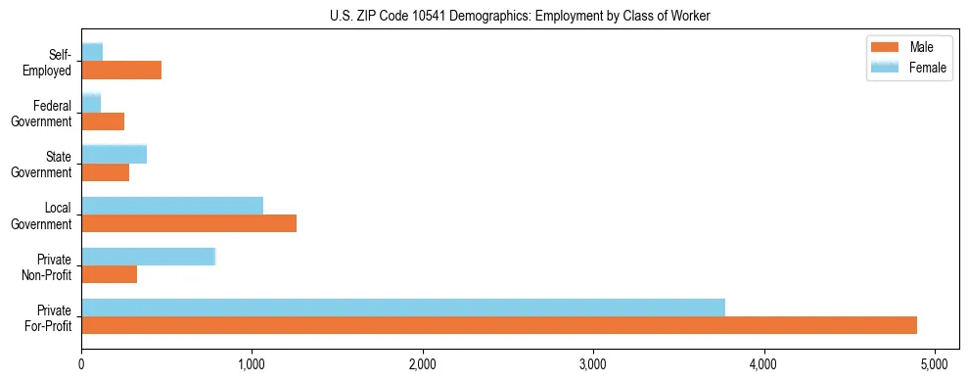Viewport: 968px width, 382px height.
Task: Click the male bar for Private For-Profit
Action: [499, 325]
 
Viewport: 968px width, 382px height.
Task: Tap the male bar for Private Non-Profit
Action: [109, 274]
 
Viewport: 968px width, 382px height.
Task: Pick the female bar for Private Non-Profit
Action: [148, 257]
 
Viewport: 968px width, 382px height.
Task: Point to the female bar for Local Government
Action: [172, 205]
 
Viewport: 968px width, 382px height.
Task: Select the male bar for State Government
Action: [105, 172]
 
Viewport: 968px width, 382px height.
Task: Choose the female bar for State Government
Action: [114, 154]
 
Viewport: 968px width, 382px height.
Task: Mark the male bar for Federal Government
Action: [103, 121]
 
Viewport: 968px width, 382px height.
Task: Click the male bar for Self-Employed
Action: [121, 71]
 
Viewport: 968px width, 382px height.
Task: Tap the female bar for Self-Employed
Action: [92, 52]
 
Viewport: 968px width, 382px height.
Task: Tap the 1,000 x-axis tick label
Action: [252, 364]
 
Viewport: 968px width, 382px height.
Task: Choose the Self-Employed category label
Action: [50, 62]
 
